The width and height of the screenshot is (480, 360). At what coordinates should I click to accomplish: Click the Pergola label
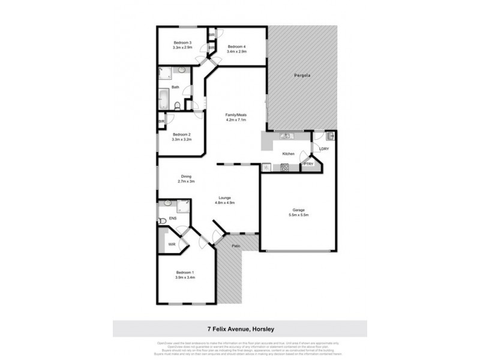(302, 76)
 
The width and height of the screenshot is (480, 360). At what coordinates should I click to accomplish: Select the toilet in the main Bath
(177, 106)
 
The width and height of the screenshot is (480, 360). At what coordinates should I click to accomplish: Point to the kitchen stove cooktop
(284, 167)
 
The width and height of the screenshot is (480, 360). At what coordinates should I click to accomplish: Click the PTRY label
(308, 164)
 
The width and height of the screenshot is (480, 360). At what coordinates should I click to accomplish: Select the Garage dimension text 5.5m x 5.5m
(298, 215)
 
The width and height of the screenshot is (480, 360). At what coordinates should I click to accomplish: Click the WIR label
(172, 244)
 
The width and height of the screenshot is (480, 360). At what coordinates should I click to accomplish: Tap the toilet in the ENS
(162, 220)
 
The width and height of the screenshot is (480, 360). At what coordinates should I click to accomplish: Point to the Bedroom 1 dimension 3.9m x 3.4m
(185, 278)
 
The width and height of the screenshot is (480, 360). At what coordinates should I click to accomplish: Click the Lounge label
(224, 197)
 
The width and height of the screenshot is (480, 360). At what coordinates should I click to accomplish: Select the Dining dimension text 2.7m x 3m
(186, 181)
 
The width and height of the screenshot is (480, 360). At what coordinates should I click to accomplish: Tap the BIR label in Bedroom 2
(161, 122)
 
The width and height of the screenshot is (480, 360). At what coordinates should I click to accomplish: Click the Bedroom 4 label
(236, 46)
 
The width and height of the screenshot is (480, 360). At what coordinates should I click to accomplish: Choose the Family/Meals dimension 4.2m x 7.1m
(236, 119)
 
